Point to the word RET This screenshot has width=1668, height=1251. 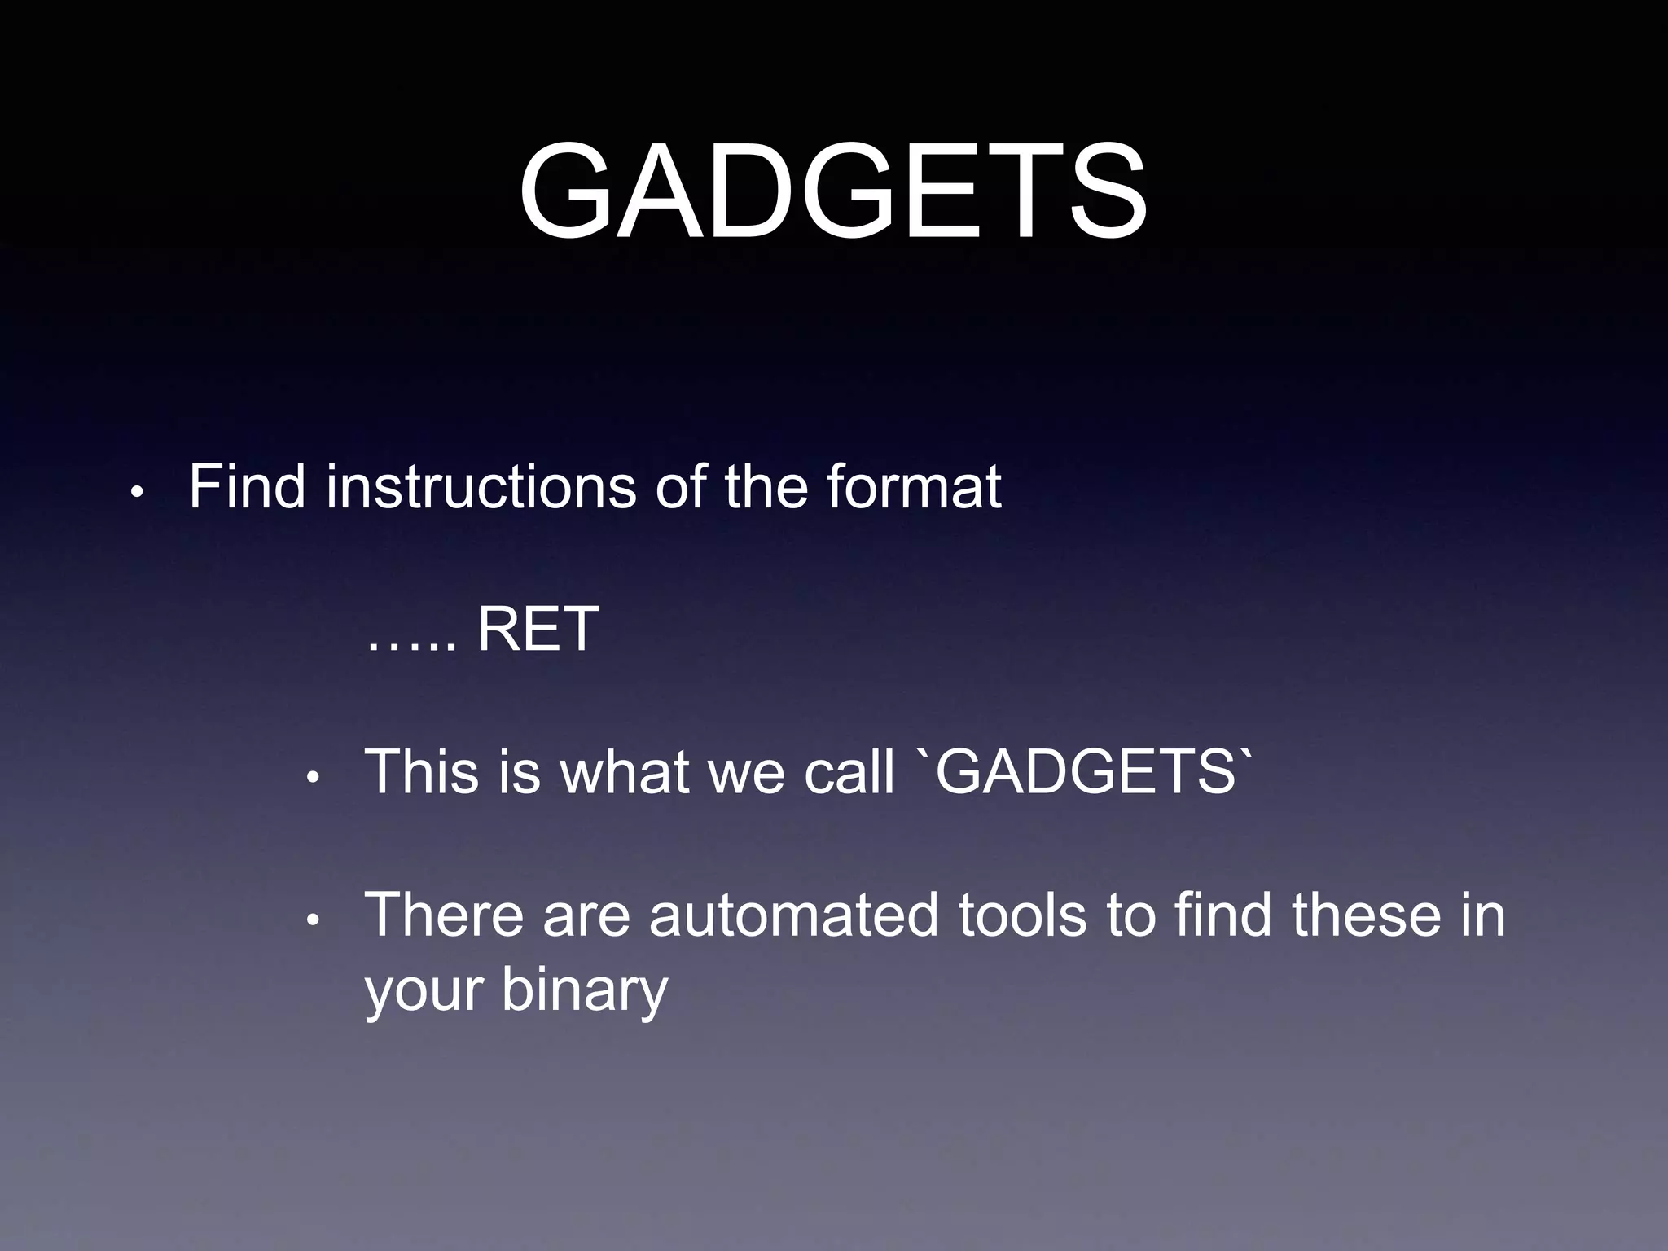pos(538,630)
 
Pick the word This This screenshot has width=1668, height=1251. pos(422,771)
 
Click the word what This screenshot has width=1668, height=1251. pos(625,771)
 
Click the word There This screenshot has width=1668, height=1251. pos(443,915)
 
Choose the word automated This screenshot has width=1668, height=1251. pos(794,915)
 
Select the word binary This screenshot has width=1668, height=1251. pos(584,992)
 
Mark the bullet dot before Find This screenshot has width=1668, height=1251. pos(137,493)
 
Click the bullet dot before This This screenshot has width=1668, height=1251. pos(313,778)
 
